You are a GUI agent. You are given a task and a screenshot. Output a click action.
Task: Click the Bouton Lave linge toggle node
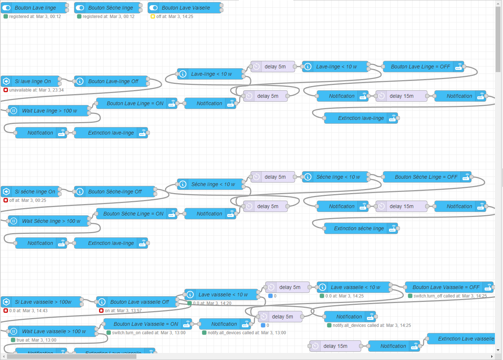click(35, 8)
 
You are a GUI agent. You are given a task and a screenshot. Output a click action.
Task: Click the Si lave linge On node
click(32, 81)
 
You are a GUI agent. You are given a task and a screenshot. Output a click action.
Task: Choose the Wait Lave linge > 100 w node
click(49, 111)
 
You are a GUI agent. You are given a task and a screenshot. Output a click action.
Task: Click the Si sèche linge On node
click(34, 192)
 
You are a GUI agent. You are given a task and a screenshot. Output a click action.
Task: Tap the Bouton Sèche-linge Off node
click(115, 192)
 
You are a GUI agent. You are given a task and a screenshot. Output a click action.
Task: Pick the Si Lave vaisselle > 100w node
click(42, 302)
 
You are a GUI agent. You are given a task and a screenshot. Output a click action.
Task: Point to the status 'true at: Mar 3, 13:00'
click(36, 340)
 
